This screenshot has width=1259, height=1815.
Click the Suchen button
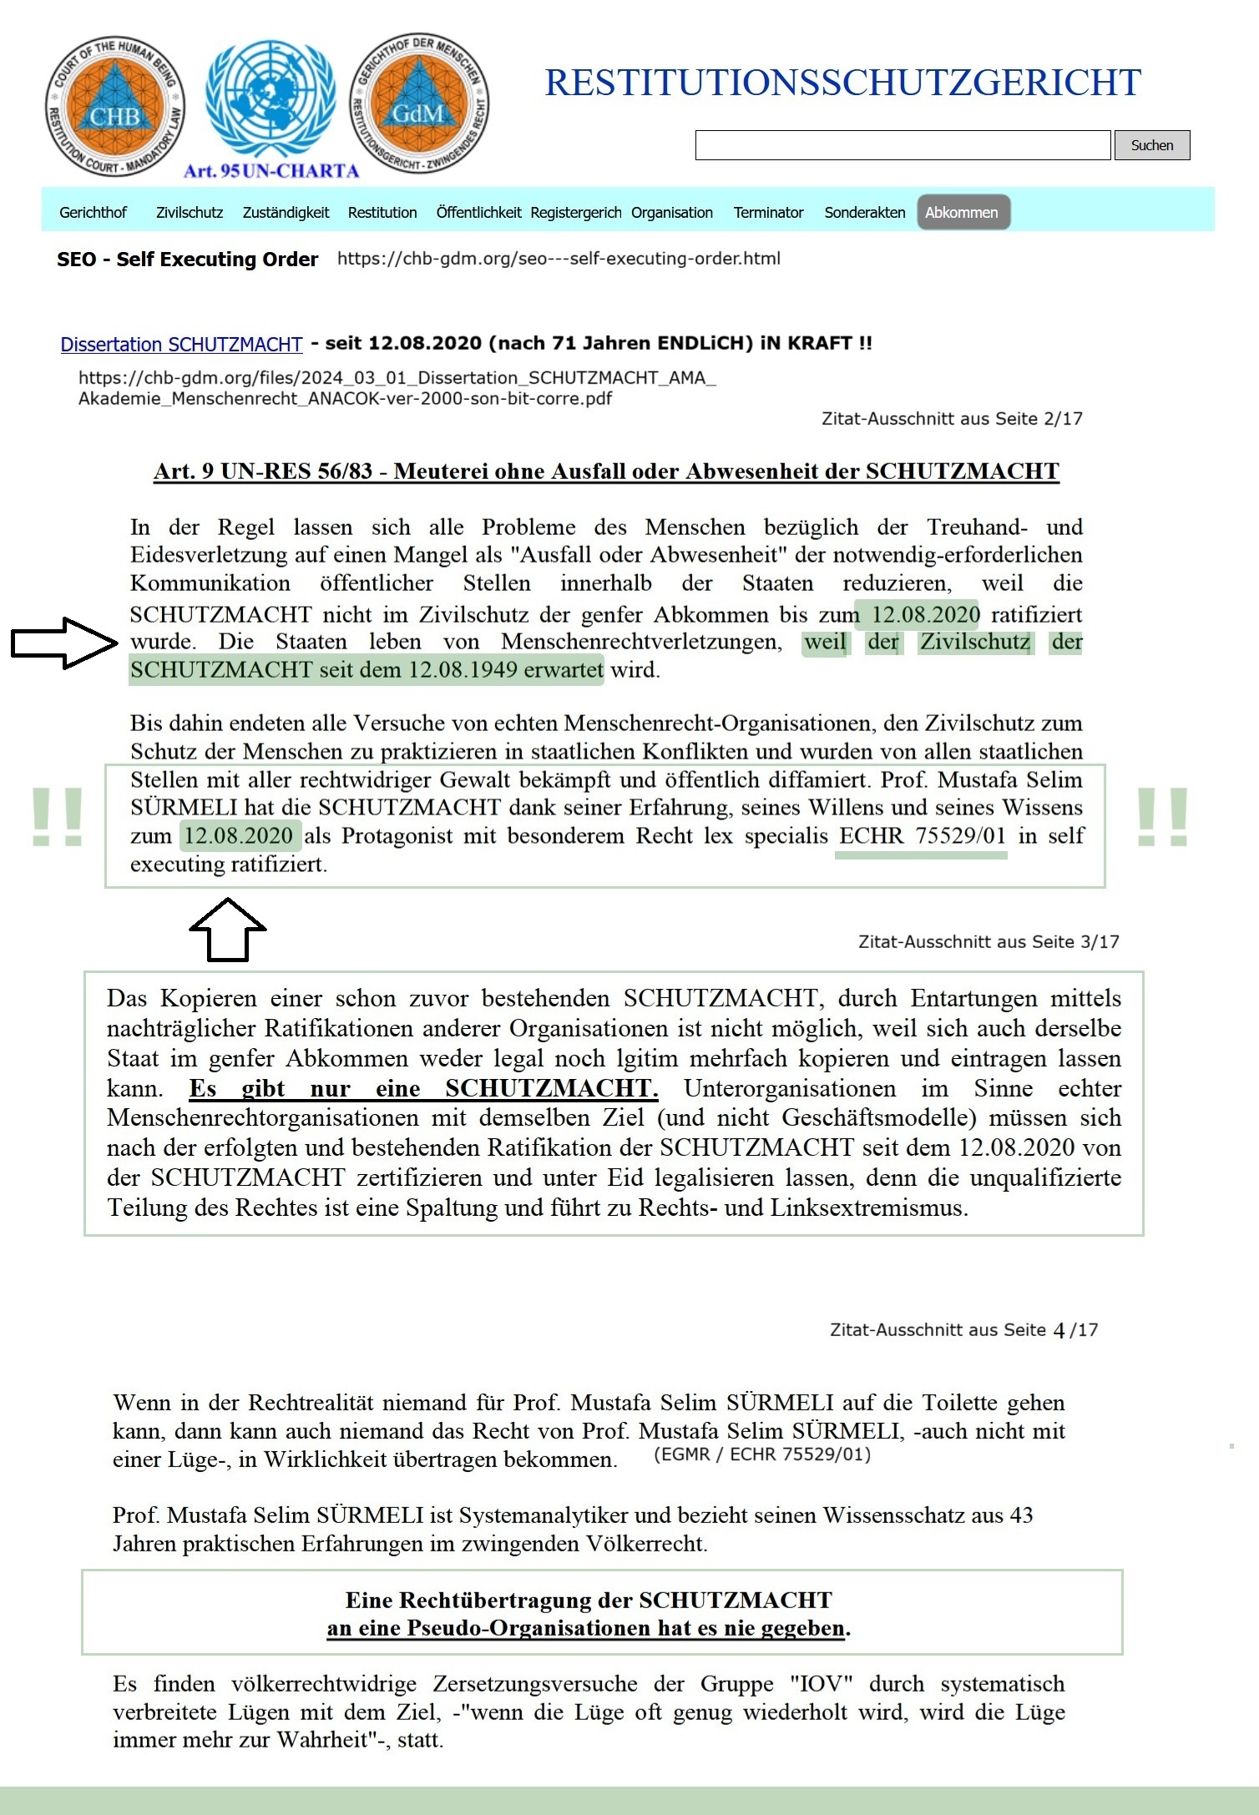(1151, 145)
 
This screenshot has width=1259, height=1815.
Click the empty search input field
(903, 145)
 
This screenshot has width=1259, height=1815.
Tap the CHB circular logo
(115, 106)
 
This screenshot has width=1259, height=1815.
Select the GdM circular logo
(419, 106)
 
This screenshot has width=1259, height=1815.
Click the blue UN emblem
(269, 100)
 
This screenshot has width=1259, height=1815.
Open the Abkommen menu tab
(962, 213)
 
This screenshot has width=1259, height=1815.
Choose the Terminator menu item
(768, 213)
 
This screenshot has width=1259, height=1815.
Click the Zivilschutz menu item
(190, 213)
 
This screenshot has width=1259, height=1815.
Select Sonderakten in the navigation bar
(865, 213)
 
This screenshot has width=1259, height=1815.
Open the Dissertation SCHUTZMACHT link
(181, 345)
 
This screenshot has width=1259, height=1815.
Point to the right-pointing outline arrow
(64, 643)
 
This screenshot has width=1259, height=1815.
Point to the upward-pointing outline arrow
(227, 929)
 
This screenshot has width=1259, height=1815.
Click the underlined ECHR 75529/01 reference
(922, 836)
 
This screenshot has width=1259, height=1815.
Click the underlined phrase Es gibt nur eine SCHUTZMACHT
(423, 1089)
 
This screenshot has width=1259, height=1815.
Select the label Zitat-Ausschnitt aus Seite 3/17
(988, 942)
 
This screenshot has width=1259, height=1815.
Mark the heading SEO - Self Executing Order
(187, 260)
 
